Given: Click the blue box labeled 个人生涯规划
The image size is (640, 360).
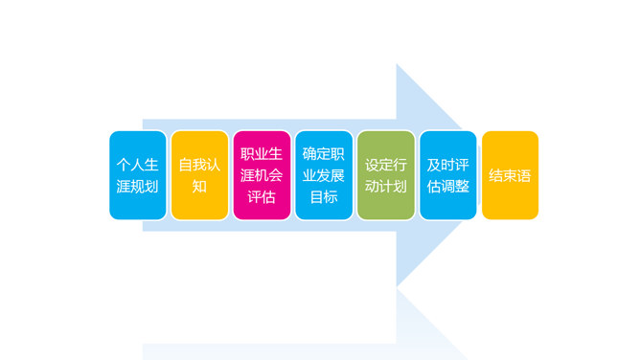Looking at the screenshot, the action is coord(137,175).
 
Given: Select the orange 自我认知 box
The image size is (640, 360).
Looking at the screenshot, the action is coord(199,175).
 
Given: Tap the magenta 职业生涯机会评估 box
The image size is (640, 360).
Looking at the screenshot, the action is coord(262,175).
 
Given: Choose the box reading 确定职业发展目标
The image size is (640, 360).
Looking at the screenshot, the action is coord(324,175).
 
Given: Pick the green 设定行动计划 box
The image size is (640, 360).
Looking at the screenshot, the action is coord(386,175).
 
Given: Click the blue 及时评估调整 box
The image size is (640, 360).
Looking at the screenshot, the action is coord(447,175).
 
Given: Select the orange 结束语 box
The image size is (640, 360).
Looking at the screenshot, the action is coord(510,175).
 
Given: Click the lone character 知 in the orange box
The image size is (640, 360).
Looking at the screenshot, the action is coord(199,187).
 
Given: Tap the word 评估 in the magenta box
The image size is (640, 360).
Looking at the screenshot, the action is coord(262,197).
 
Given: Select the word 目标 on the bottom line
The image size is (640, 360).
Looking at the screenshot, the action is coord(324,197).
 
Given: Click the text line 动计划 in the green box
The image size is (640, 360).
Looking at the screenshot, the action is coord(386,187).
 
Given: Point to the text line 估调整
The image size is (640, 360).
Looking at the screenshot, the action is coord(447,187).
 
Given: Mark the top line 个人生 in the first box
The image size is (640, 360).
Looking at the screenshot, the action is coord(137,164).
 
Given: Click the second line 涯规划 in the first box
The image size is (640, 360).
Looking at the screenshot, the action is coord(137,187).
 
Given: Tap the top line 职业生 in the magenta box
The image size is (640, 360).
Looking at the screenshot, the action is coord(262,153).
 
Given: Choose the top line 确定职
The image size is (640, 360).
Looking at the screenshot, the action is coord(324,153).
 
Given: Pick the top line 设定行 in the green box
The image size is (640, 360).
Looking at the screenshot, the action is coord(386,164).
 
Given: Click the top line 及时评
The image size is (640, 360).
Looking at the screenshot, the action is coord(447,164).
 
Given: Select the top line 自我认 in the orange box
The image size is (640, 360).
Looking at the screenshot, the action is coord(199,164).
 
